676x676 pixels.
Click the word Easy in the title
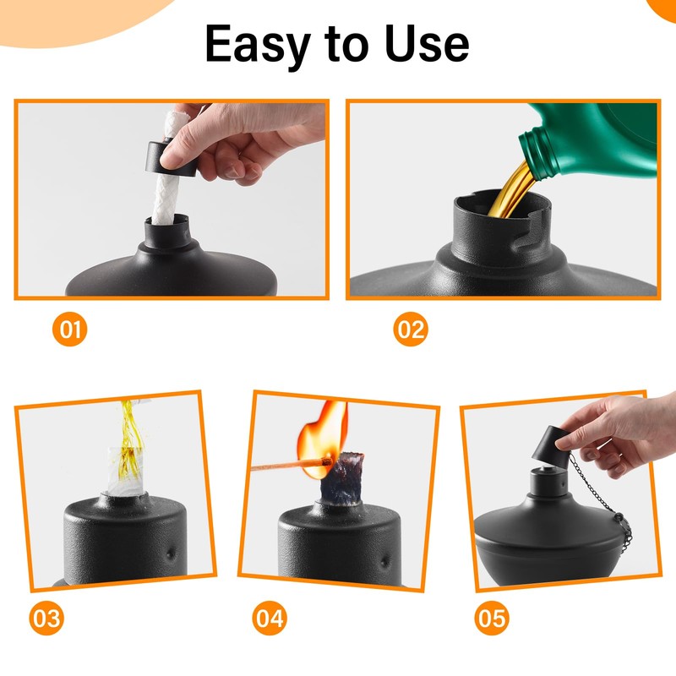point(257,44)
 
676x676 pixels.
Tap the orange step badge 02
point(411,329)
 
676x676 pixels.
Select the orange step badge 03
point(46,619)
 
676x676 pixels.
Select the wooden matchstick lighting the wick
point(287,465)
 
